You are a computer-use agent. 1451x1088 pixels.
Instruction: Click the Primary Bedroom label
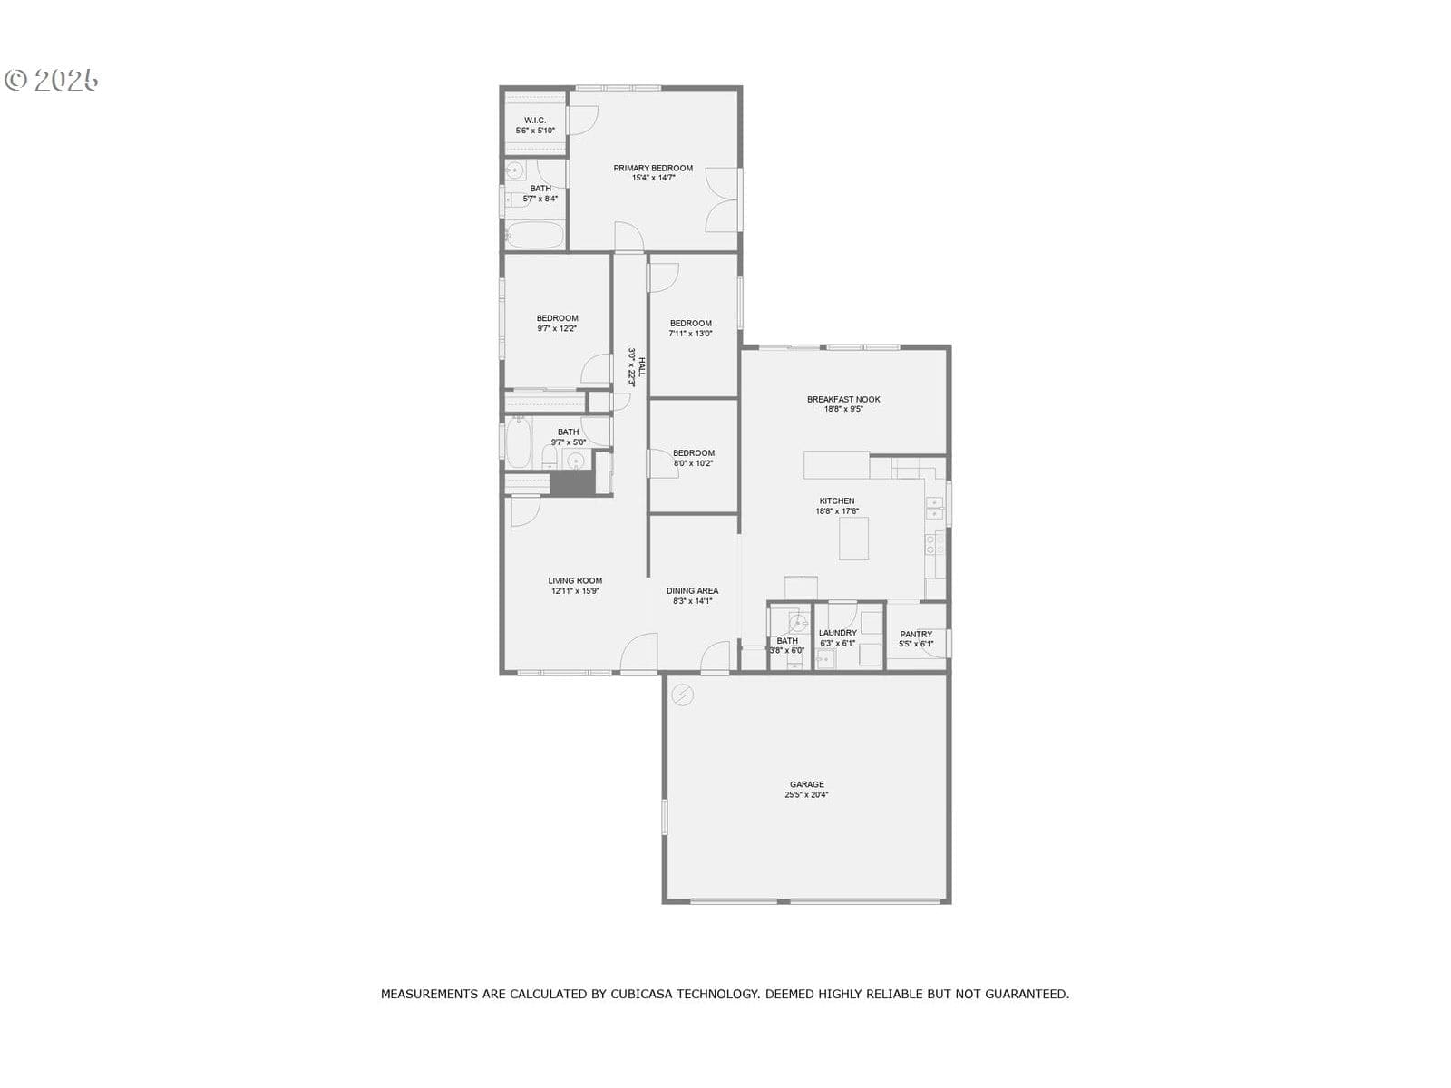click(652, 168)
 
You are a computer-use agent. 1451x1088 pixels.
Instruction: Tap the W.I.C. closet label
click(535, 121)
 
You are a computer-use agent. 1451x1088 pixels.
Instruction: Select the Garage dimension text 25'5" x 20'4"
click(806, 795)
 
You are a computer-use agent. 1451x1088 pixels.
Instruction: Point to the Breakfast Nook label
click(842, 399)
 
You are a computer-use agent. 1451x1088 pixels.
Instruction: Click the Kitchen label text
click(836, 500)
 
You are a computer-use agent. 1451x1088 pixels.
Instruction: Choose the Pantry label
click(916, 634)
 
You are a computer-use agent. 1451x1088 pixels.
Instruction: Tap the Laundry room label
click(837, 633)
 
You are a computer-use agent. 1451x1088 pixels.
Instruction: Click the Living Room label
click(574, 580)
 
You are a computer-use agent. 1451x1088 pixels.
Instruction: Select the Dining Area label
click(691, 590)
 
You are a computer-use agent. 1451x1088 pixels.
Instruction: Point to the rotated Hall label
click(641, 367)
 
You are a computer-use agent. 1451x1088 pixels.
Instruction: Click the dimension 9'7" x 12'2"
click(557, 328)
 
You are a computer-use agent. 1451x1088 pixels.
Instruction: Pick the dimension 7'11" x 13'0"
click(690, 334)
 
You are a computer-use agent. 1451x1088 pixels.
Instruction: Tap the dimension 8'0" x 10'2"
click(693, 463)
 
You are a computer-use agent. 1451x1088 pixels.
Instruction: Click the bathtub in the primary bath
click(534, 235)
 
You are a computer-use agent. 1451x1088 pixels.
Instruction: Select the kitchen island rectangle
click(852, 539)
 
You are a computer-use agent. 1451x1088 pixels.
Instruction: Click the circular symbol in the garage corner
click(682, 695)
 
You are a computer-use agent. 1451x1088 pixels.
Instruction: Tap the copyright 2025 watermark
click(52, 80)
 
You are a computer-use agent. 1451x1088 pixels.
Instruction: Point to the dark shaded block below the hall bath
click(572, 483)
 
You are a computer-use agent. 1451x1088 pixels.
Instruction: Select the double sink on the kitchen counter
click(934, 508)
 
